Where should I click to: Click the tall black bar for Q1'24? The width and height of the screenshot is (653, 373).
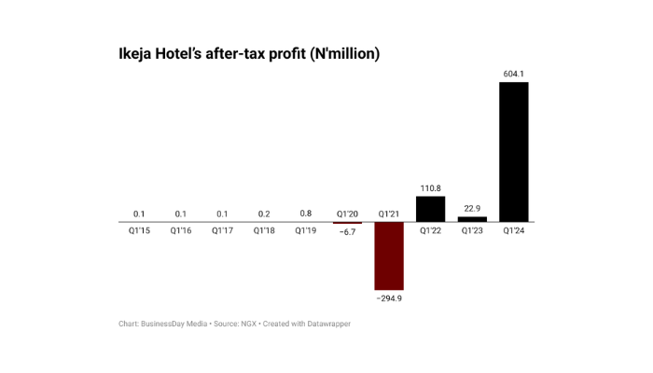tap(514, 152)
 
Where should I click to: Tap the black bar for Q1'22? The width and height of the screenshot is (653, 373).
tap(431, 208)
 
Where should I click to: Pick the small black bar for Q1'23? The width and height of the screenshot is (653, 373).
tap(473, 219)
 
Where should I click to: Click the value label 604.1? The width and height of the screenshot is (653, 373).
tap(514, 73)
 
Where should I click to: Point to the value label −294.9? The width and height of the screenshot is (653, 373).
tap(389, 298)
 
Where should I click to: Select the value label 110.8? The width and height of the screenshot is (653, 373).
tap(431, 187)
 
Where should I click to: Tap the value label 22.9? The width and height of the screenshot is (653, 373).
tap(473, 208)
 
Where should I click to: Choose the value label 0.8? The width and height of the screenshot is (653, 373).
tap(305, 214)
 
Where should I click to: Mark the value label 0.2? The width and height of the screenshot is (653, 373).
tap(264, 214)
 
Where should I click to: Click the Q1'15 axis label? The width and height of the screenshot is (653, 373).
tap(138, 230)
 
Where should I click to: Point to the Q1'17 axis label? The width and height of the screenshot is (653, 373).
tap(222, 230)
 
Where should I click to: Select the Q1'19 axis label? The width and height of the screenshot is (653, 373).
tap(305, 230)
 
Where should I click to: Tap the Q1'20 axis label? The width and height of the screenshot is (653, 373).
tap(347, 214)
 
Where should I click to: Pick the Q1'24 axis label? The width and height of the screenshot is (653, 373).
tap(514, 230)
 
